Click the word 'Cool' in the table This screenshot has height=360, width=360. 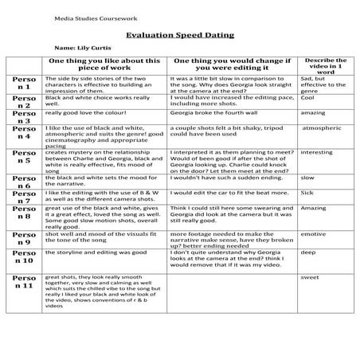click(x=308, y=99)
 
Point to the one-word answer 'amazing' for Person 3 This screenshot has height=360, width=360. click(x=313, y=114)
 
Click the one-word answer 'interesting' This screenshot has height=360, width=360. click(x=317, y=152)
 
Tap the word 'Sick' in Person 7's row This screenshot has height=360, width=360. click(x=307, y=192)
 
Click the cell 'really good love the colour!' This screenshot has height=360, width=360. click(x=83, y=114)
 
